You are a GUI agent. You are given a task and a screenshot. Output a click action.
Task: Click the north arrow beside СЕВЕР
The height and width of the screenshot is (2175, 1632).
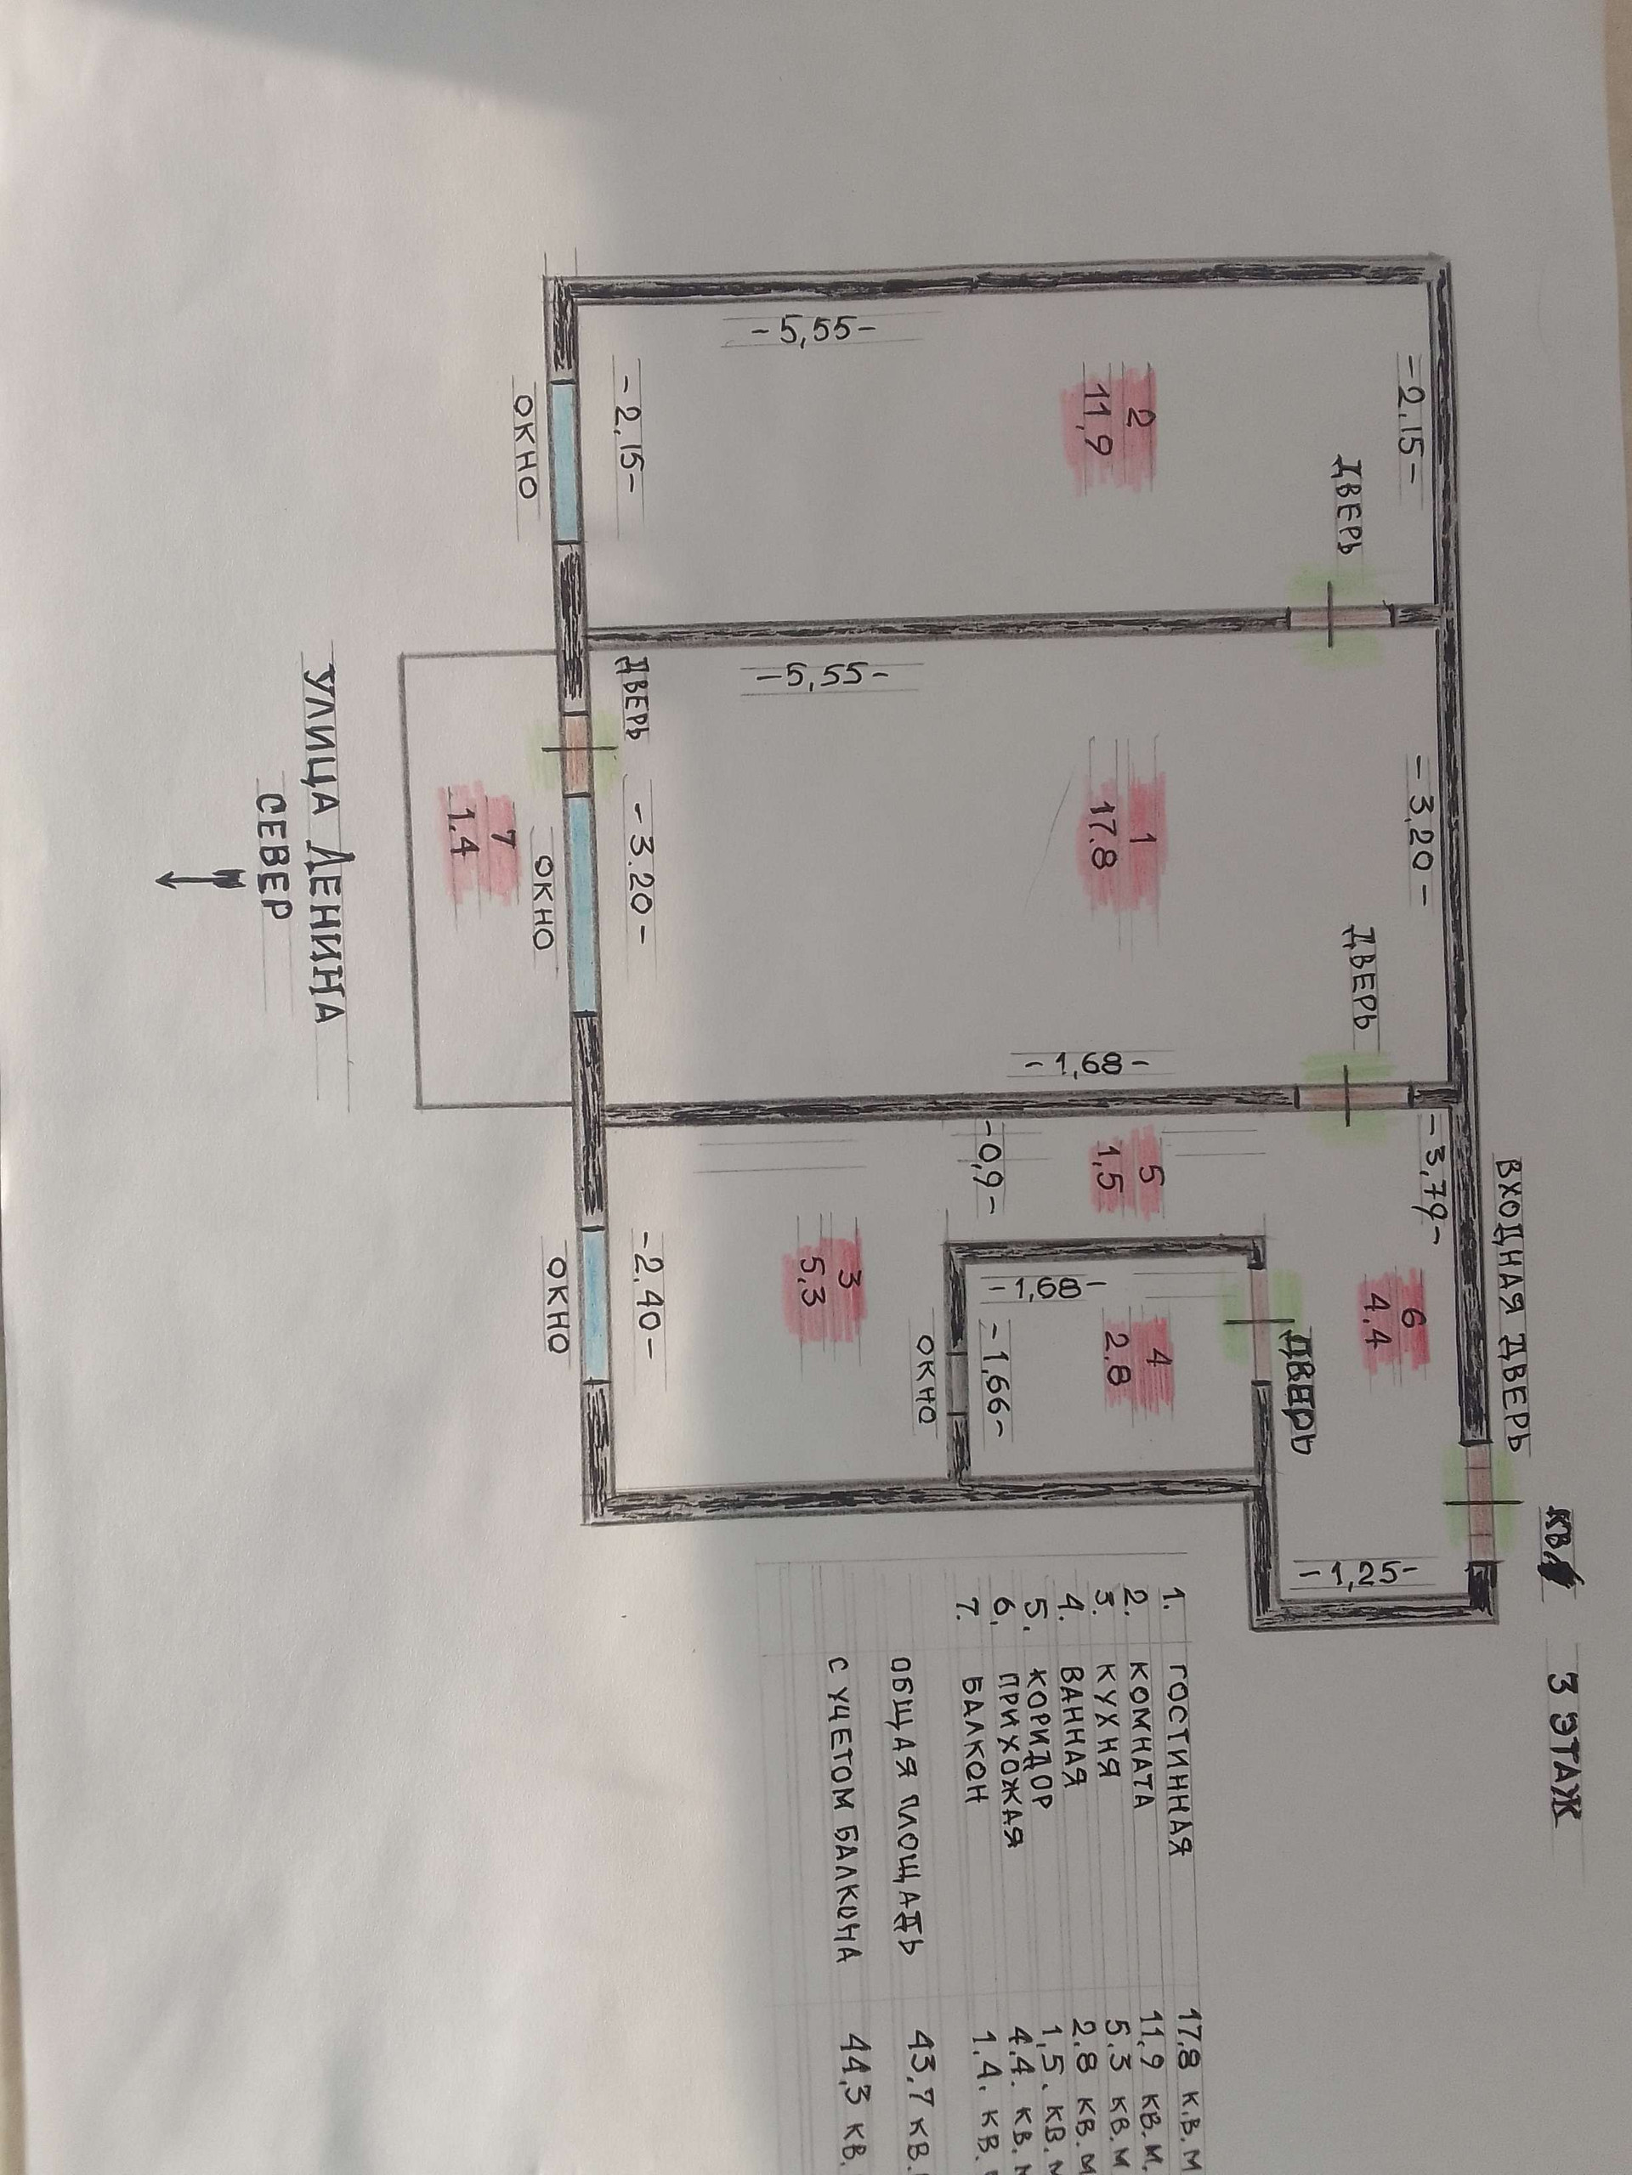196,876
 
